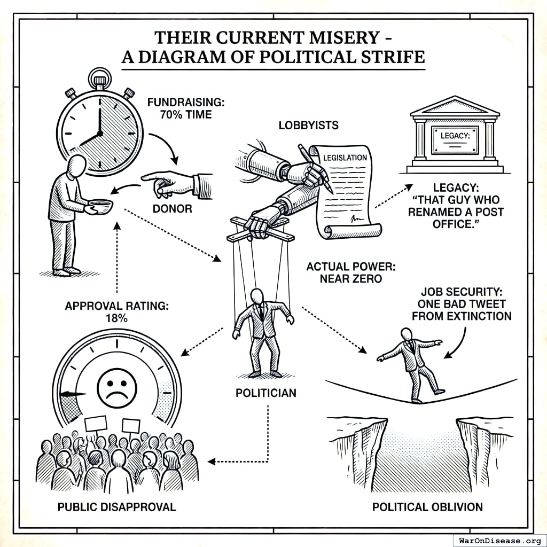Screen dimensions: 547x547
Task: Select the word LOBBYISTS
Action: (309, 126)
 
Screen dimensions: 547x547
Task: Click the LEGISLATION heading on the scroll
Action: (345, 158)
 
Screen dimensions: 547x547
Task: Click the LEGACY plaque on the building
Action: (455, 139)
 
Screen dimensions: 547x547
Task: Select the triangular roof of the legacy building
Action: (455, 107)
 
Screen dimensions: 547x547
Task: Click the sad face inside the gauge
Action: (117, 387)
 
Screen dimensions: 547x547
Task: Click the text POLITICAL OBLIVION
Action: (427, 506)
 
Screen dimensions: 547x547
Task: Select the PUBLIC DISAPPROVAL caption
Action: (116, 506)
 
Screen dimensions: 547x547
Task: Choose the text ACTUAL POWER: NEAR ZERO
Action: (351, 272)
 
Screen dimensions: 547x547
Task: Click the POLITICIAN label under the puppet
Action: (265, 393)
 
